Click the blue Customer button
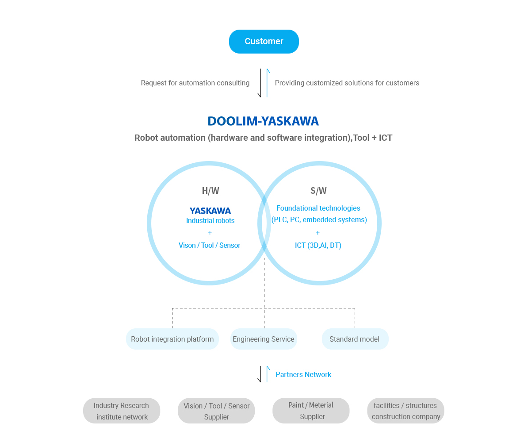click(x=264, y=42)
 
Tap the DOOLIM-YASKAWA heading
click(x=263, y=121)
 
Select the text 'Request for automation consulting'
click(x=195, y=83)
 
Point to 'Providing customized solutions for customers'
click(x=347, y=83)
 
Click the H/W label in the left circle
click(x=210, y=191)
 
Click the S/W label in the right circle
click(x=318, y=191)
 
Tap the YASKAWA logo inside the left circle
click(x=210, y=211)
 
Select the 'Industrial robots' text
click(x=210, y=221)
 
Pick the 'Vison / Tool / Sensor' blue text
click(x=210, y=245)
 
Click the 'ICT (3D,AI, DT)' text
click(x=318, y=245)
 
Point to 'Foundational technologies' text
click(x=318, y=208)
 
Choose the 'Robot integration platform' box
click(x=172, y=339)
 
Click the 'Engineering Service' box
click(x=264, y=339)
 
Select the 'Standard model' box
click(x=355, y=339)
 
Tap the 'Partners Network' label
click(x=303, y=374)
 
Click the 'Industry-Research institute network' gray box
click(x=122, y=411)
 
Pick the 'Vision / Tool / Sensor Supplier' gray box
click(x=216, y=411)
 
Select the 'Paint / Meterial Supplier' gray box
click(x=311, y=411)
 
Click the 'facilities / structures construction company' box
click(x=406, y=411)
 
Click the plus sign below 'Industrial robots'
click(x=210, y=233)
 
